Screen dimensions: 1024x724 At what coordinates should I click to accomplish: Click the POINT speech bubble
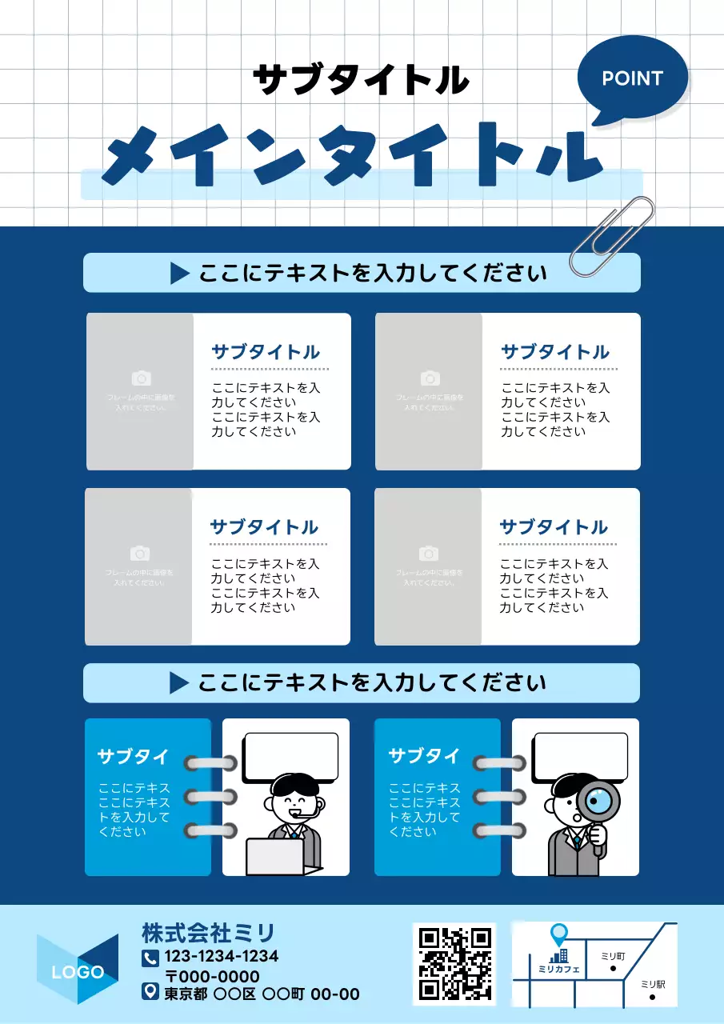tap(632, 78)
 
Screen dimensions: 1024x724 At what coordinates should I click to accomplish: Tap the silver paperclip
tap(612, 237)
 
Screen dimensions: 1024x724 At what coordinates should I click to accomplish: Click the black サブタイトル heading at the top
tap(361, 80)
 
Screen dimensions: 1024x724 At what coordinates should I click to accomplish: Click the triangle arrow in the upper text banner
tap(179, 274)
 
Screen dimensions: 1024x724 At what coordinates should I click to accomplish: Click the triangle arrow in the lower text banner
tap(178, 683)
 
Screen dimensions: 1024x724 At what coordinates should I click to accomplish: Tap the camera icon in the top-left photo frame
tap(141, 378)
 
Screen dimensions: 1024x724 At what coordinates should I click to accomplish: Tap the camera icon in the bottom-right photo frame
tap(430, 554)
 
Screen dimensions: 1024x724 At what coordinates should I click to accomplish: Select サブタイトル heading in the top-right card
tap(554, 352)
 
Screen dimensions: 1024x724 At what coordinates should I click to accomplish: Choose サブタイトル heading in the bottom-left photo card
tap(264, 527)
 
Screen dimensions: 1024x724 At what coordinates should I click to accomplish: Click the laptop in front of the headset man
tap(275, 856)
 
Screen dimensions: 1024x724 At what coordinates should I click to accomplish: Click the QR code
tap(454, 963)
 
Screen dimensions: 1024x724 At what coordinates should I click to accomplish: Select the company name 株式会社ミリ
tap(208, 933)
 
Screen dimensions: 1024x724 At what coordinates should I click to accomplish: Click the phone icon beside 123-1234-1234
tap(150, 958)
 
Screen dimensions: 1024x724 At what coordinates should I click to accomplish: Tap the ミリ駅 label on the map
tap(653, 984)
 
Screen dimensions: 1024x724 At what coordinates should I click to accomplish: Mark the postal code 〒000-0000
tap(212, 977)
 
